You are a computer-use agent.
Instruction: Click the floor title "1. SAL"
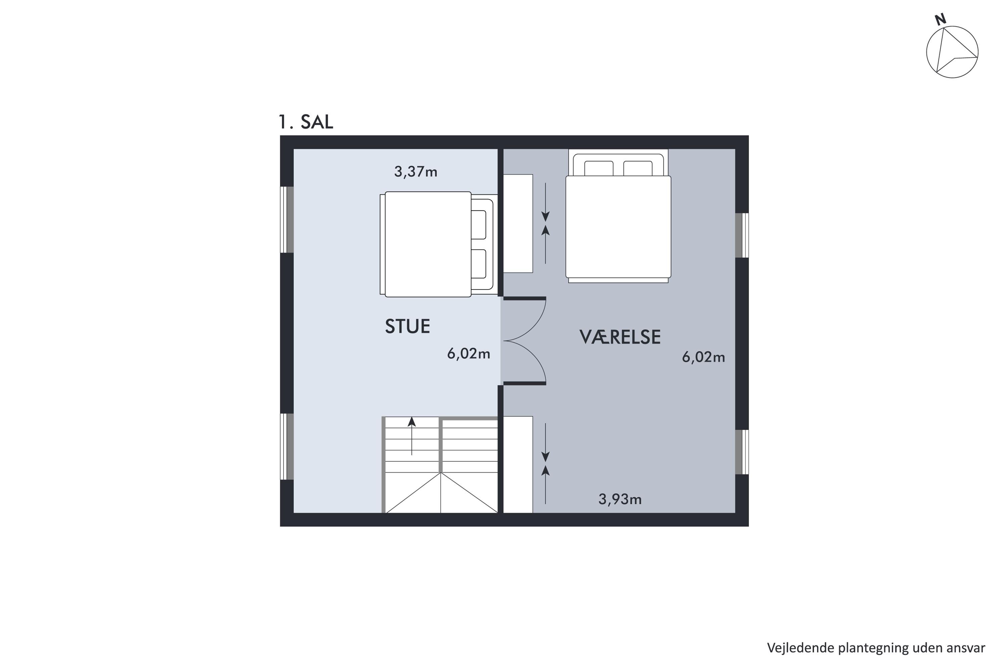[306, 122]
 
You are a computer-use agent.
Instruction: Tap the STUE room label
[407, 326]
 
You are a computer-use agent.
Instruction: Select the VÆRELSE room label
[620, 337]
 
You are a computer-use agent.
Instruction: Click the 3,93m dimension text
[620, 499]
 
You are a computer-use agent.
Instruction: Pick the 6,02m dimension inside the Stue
[468, 354]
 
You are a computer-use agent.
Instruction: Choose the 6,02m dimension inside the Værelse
[704, 357]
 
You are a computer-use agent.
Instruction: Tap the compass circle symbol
[952, 52]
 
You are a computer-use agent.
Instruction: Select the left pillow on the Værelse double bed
[598, 168]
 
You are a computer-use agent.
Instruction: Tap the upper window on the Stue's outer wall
[287, 219]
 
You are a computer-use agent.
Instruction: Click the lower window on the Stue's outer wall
[287, 446]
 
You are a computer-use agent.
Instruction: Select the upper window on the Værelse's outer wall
[742, 236]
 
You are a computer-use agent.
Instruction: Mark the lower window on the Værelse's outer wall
[742, 452]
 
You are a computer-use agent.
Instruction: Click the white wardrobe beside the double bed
[518, 223]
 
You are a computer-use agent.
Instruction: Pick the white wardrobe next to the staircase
[518, 464]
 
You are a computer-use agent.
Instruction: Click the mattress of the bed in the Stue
[428, 244]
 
